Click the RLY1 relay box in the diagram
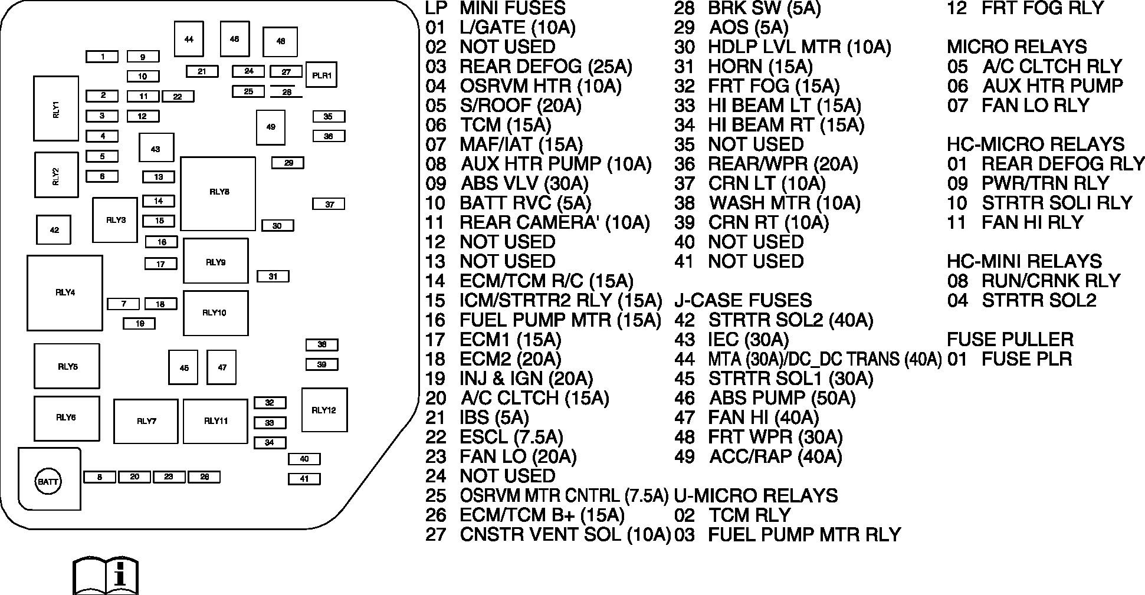56,109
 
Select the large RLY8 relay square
218,193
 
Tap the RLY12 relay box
324,410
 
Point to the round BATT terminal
48,482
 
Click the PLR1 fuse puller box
321,75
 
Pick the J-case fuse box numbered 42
54,230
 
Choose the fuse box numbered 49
271,127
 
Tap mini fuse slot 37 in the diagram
329,204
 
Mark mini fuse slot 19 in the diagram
139,323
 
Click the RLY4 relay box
65,292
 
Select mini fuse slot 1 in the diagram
102,57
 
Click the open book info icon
106,575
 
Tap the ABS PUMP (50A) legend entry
765,398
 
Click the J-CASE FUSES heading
743,300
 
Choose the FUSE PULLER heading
1011,339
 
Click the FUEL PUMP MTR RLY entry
788,534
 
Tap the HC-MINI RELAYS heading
1025,261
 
